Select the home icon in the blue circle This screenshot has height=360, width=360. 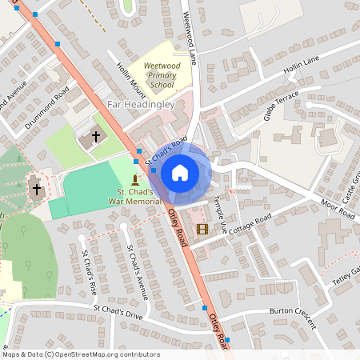pos(180,173)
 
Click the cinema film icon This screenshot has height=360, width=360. pos(202,229)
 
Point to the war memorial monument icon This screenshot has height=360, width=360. pos(134,178)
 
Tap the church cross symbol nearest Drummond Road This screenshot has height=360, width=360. pos(96,137)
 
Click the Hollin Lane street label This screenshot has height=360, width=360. pos(302,68)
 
